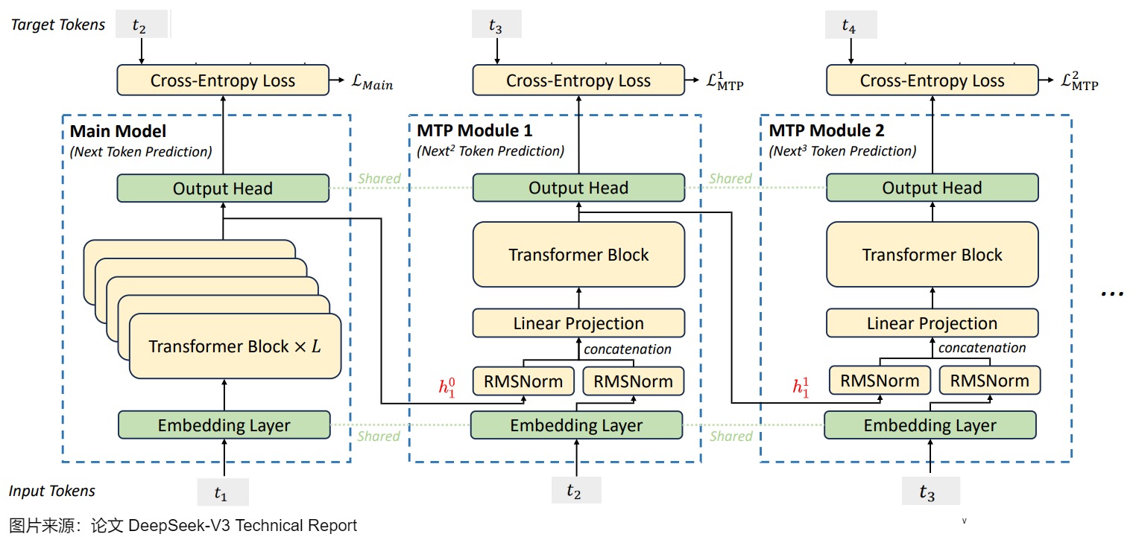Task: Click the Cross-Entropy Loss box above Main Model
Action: pyautogui.click(x=222, y=80)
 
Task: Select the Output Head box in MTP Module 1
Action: pyautogui.click(x=578, y=188)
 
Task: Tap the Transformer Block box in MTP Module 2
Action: pyautogui.click(x=932, y=255)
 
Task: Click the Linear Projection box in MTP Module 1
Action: pyautogui.click(x=578, y=323)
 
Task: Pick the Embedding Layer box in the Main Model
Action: pyautogui.click(x=224, y=426)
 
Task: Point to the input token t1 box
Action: pyautogui.click(x=222, y=492)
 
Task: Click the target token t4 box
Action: pyautogui.click(x=851, y=26)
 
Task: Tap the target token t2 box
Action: pyautogui.click(x=140, y=25)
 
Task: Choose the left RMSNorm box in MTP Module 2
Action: pyautogui.click(x=880, y=381)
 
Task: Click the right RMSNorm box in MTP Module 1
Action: pyautogui.click(x=632, y=381)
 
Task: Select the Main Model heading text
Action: pyautogui.click(x=118, y=132)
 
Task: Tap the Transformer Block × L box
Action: pyautogui.click(x=235, y=346)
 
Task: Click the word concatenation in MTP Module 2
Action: pyautogui.click(x=982, y=348)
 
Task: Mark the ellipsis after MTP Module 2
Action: pyautogui.click(x=1111, y=293)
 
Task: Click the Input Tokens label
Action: pyautogui.click(x=52, y=491)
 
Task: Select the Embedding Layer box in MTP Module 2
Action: pyautogui.click(x=930, y=425)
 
